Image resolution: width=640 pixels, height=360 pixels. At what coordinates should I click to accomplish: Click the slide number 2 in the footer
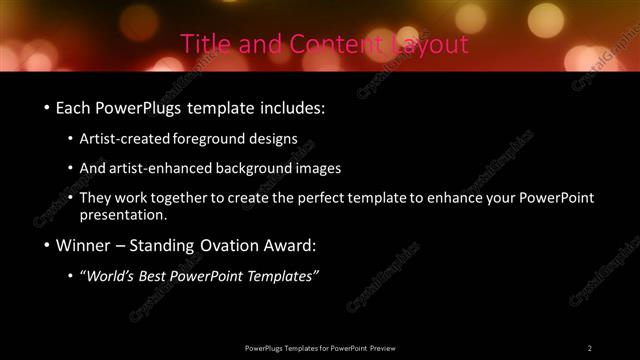click(x=590, y=347)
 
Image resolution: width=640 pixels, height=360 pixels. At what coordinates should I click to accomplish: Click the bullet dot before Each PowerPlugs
click(x=46, y=106)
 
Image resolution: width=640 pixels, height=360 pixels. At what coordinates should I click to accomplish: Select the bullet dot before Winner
click(x=46, y=245)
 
